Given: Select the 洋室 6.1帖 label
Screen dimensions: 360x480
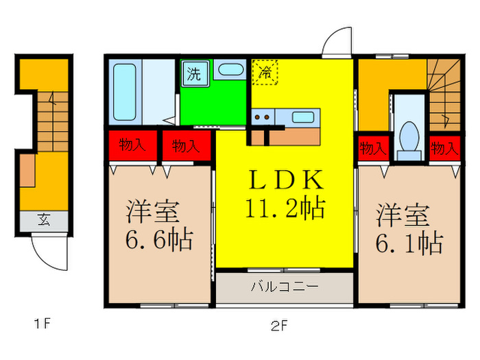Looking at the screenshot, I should click(x=409, y=228).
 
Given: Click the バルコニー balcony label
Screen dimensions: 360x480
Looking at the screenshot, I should click(x=284, y=286).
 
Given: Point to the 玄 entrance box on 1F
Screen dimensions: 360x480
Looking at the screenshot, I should click(x=44, y=220).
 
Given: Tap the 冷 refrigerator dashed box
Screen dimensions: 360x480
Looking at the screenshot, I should click(x=264, y=71).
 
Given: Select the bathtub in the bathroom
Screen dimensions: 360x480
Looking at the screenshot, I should click(x=123, y=93).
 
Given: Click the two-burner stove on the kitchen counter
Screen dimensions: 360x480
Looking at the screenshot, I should click(x=262, y=117).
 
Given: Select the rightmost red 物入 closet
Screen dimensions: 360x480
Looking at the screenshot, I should click(x=444, y=147).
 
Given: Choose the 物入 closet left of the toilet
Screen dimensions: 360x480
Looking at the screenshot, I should click(x=372, y=147).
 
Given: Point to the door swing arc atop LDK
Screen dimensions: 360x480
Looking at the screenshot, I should click(x=337, y=43).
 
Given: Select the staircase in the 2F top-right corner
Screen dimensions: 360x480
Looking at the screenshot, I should click(x=443, y=93).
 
